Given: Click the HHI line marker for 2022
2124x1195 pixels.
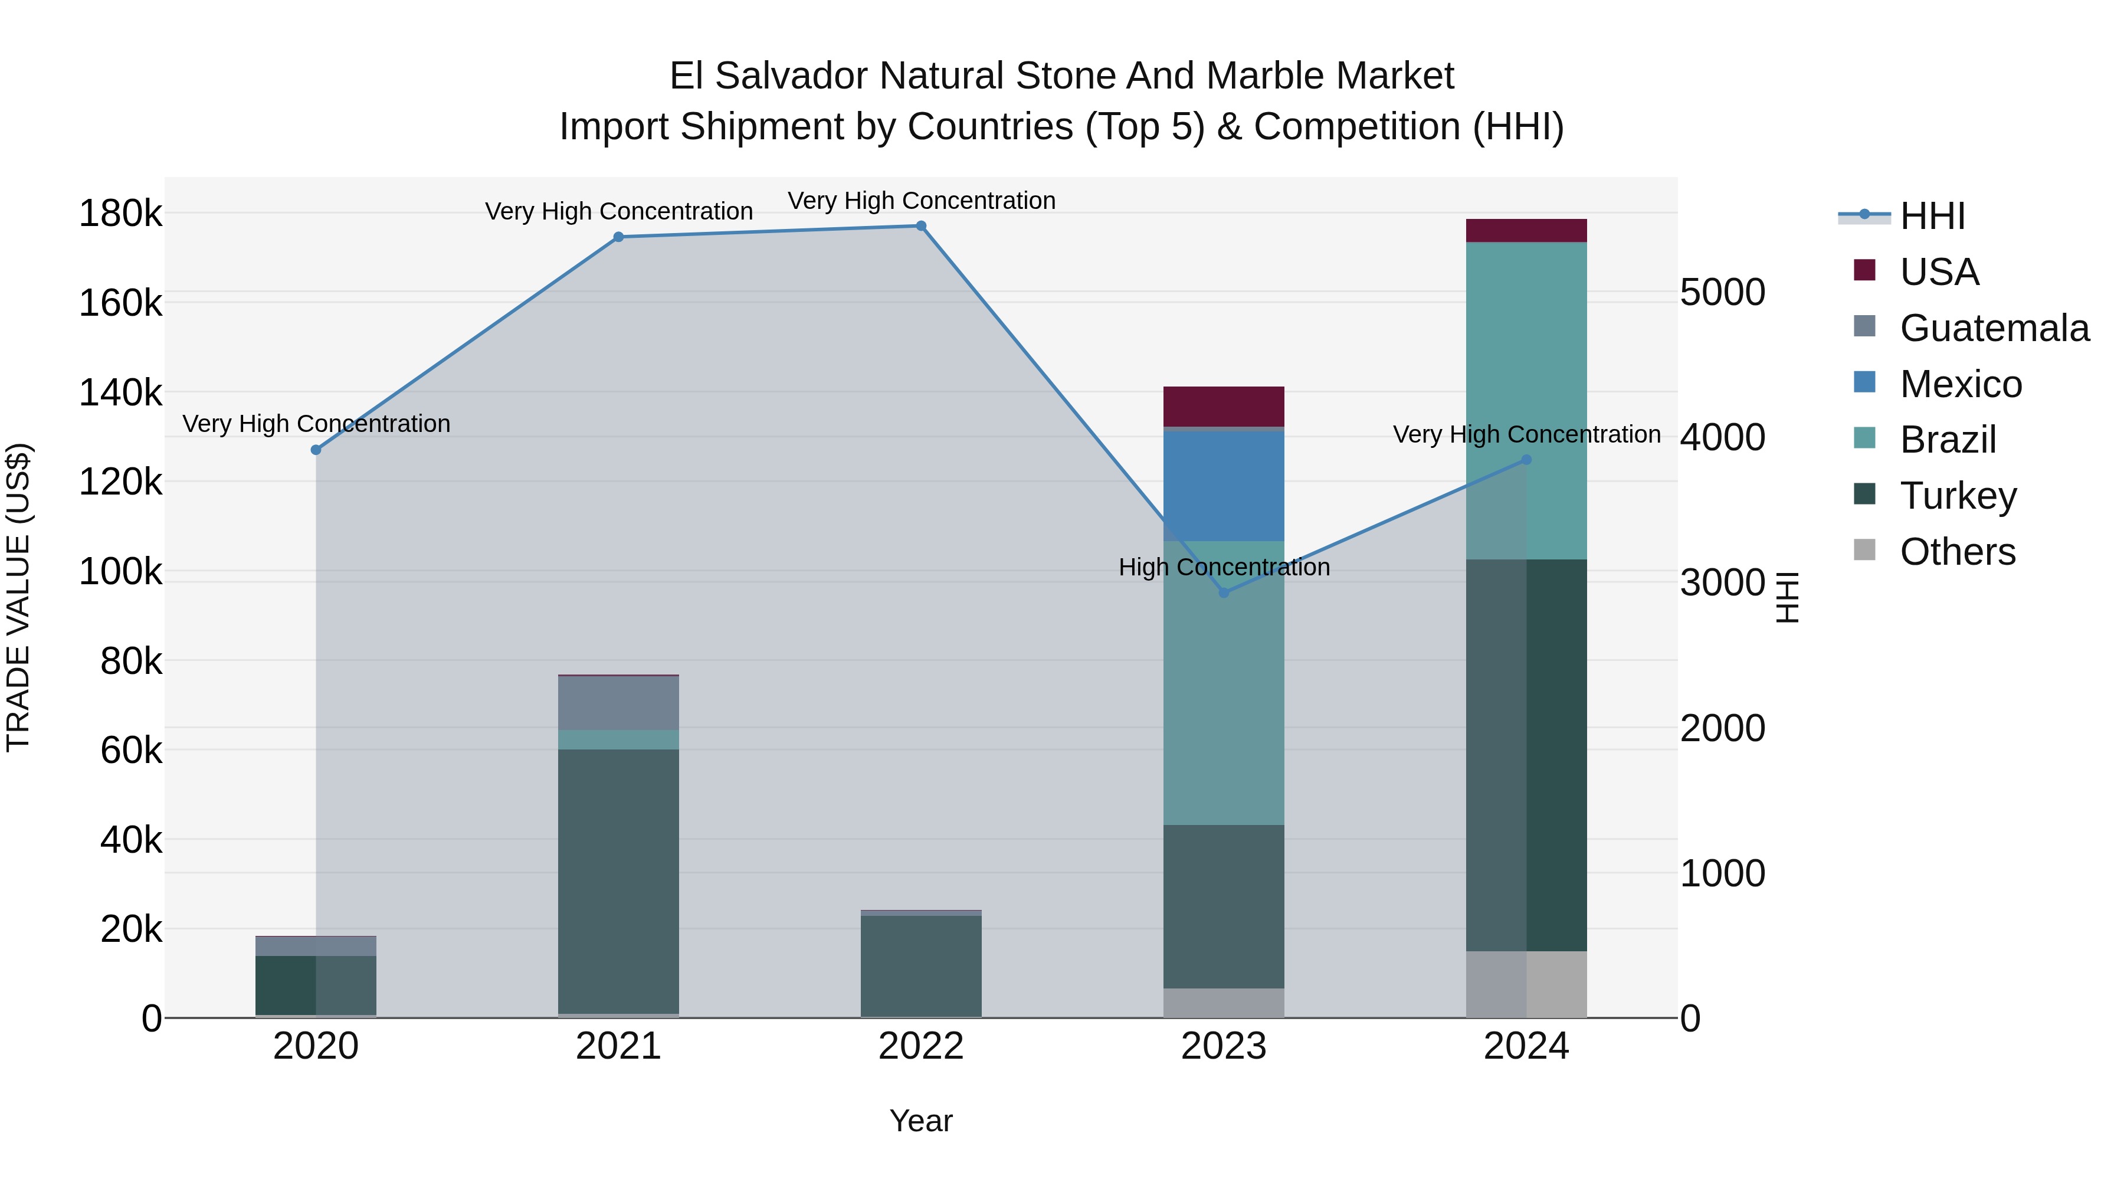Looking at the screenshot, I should coord(921,226).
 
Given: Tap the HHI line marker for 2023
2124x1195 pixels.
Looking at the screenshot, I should coord(1224,593).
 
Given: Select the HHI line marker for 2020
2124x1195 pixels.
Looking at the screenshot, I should coord(316,450).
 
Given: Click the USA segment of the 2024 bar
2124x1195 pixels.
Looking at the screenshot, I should coord(1526,231).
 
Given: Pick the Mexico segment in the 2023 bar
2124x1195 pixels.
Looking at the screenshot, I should coord(1224,486).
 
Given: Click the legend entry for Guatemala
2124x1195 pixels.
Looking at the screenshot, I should coord(1993,328).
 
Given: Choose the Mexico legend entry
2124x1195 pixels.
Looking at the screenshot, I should coord(1960,384).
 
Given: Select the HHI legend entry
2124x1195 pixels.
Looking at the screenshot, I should coord(1931,216).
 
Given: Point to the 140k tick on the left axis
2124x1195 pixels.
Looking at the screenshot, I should coord(120,392).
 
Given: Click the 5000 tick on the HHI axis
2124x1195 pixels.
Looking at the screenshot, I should coord(1722,293).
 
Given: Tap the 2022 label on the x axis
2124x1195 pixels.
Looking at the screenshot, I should coord(921,1046).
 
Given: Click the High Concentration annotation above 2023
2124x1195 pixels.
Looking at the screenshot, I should coord(1224,567).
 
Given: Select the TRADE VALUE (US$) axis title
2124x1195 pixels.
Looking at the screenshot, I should coord(18,597).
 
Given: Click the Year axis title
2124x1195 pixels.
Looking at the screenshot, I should coord(921,1121).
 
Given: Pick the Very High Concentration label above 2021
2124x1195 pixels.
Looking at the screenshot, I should coord(618,211).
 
